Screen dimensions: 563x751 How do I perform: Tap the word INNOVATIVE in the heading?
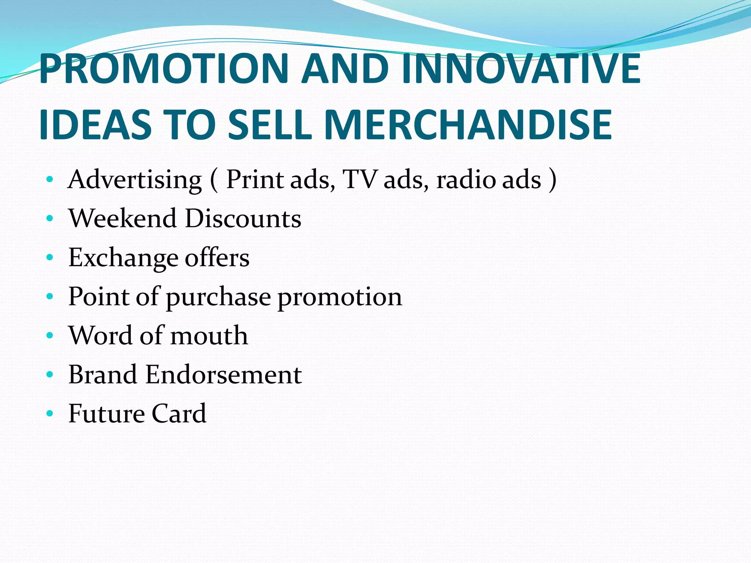click(x=521, y=69)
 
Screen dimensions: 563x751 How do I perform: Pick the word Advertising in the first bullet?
click(x=135, y=180)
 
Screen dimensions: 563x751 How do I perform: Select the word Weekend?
click(x=123, y=218)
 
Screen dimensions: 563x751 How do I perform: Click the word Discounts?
click(x=243, y=218)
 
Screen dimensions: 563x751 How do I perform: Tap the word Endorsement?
click(x=224, y=375)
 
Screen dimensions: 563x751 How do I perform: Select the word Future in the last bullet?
click(x=107, y=413)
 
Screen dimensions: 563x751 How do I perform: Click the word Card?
click(x=179, y=413)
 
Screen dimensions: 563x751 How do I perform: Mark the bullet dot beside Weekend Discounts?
click(x=50, y=219)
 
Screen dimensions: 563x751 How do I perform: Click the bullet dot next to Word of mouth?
click(x=50, y=336)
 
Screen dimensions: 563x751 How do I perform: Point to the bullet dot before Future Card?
click(x=50, y=414)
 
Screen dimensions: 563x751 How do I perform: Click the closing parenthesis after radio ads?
click(x=552, y=180)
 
